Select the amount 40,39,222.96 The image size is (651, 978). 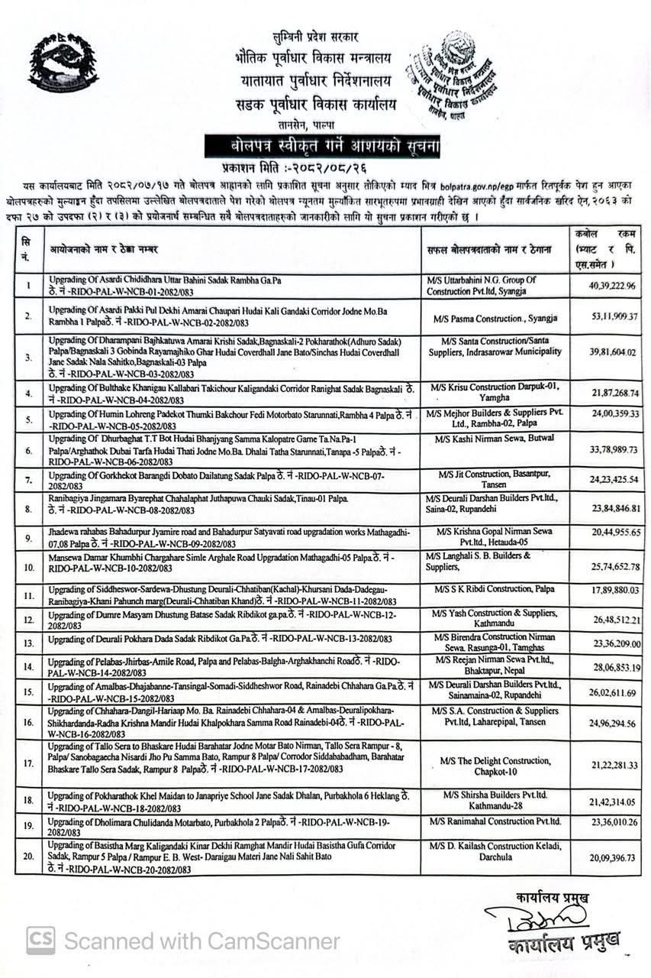(602, 287)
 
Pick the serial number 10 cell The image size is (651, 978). (27, 568)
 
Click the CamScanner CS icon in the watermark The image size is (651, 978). (40, 940)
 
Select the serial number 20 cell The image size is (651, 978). (27, 857)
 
